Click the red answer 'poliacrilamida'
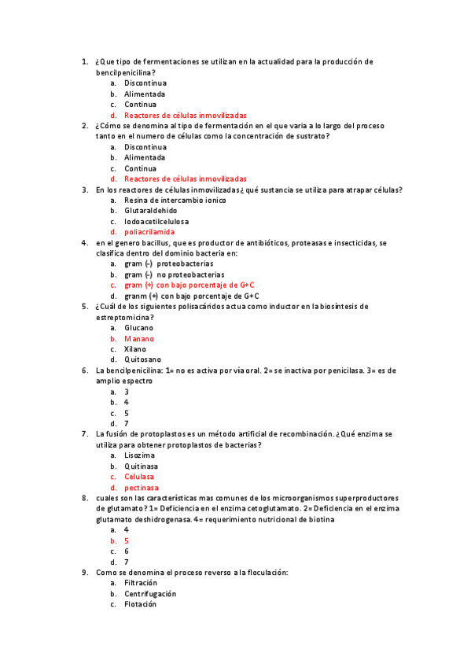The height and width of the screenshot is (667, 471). point(149,232)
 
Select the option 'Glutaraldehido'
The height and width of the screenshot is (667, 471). point(150,211)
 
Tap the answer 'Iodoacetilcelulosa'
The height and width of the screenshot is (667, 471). point(156,222)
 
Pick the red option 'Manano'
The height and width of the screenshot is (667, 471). point(139,338)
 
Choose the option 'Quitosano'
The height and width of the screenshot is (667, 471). point(143,359)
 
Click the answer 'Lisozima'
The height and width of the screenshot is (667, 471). point(139,455)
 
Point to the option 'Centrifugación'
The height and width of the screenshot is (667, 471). point(150,594)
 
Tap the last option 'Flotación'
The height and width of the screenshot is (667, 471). point(141,604)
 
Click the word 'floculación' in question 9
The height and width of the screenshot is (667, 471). point(266,573)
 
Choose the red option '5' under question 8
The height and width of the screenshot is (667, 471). point(127,541)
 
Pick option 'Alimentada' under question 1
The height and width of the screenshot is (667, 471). point(145,94)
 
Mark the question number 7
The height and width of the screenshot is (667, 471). point(84,433)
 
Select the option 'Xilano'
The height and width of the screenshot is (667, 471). point(136,349)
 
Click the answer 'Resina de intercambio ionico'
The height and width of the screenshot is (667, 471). point(175,200)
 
